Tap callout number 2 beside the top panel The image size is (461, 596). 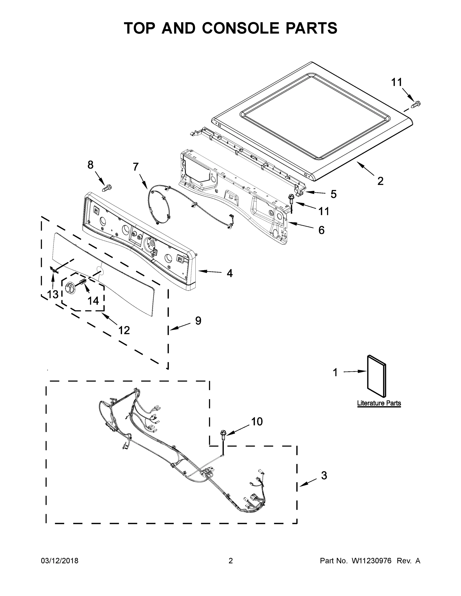[380, 181]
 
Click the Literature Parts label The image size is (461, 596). [379, 403]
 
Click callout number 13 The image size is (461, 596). [53, 294]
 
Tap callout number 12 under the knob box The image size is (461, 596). [124, 330]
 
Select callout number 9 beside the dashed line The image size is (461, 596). [198, 321]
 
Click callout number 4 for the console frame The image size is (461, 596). [230, 273]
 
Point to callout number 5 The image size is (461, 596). [334, 194]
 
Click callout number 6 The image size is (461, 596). [321, 230]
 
